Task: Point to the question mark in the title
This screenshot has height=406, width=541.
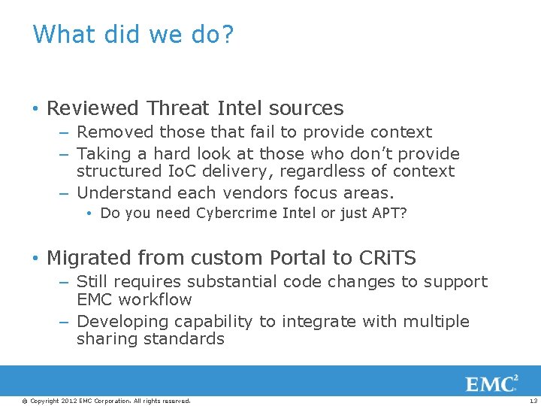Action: [x=226, y=34]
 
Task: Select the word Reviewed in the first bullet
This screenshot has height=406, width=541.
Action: [x=94, y=108]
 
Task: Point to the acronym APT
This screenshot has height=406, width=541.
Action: [x=389, y=214]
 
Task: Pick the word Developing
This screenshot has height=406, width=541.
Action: [x=122, y=322]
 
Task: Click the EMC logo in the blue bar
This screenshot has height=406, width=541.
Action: [x=491, y=383]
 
